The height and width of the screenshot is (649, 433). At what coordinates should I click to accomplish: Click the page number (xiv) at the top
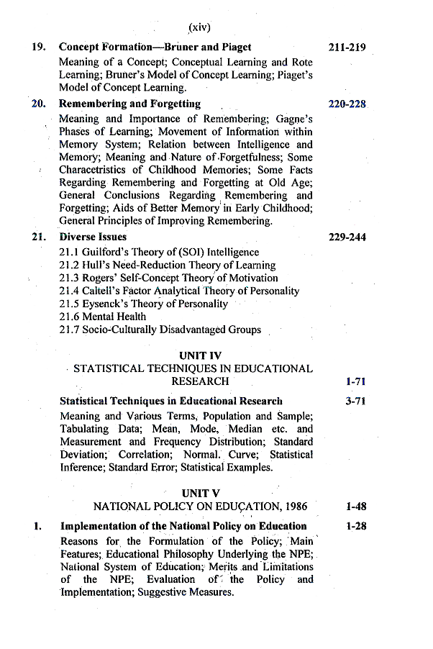199,28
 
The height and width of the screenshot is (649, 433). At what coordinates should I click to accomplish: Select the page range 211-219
347,47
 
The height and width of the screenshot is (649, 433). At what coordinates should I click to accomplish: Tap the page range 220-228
347,104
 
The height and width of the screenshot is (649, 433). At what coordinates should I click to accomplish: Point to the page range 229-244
347,237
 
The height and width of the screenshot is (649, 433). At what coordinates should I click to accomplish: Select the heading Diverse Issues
93,237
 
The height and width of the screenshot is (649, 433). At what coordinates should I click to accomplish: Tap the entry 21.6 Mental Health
103,317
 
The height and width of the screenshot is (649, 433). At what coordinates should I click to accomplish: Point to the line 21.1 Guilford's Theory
159,252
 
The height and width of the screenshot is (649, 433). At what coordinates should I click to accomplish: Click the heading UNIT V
201,493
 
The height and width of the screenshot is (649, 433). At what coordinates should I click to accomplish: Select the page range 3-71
356,401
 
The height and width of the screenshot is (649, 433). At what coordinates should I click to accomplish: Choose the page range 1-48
356,507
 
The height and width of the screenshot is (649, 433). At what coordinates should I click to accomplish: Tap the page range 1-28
356,526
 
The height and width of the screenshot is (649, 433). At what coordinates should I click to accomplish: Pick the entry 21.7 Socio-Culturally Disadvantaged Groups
160,330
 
